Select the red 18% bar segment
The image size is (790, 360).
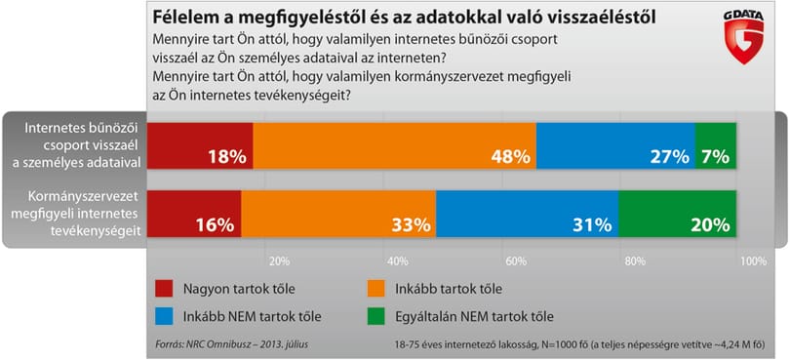click(200, 145)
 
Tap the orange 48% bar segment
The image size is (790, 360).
click(394, 145)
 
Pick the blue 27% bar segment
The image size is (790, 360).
click(615, 145)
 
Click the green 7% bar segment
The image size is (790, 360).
click(716, 145)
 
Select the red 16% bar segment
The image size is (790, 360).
click(194, 214)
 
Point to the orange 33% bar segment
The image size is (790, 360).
click(338, 214)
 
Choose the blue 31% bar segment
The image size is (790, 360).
click(527, 214)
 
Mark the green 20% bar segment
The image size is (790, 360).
click(678, 214)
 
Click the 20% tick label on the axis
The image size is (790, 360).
click(279, 261)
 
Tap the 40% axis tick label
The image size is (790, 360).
click(398, 261)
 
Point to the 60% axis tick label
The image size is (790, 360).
click(516, 261)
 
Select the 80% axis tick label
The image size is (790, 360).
click(635, 261)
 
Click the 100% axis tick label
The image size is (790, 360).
click(754, 261)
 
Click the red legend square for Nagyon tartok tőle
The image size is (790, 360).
click(164, 290)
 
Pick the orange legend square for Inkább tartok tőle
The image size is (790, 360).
click(375, 290)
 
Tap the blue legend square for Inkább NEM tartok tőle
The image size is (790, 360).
click(164, 317)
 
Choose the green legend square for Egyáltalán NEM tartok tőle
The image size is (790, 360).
click(375, 317)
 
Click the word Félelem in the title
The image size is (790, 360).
click(181, 17)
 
